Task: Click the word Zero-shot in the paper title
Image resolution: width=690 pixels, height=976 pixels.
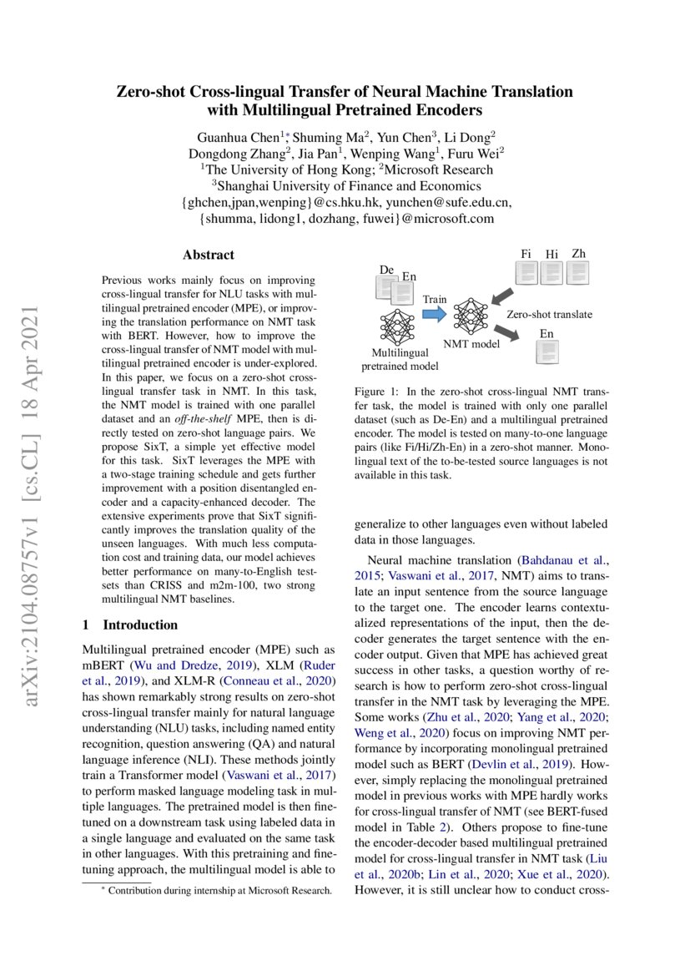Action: pyautogui.click(x=151, y=91)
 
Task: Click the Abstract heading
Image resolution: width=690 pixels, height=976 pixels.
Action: pyautogui.click(x=209, y=255)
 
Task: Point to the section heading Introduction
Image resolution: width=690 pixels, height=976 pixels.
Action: pyautogui.click(x=139, y=625)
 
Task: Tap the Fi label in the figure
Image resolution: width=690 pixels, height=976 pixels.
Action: pyautogui.click(x=526, y=254)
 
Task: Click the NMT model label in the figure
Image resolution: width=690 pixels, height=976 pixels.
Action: pyautogui.click(x=471, y=343)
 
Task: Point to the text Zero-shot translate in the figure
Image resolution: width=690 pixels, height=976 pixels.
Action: pyautogui.click(x=549, y=315)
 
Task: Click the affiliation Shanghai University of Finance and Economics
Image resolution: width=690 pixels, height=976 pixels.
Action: pyautogui.click(x=345, y=185)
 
